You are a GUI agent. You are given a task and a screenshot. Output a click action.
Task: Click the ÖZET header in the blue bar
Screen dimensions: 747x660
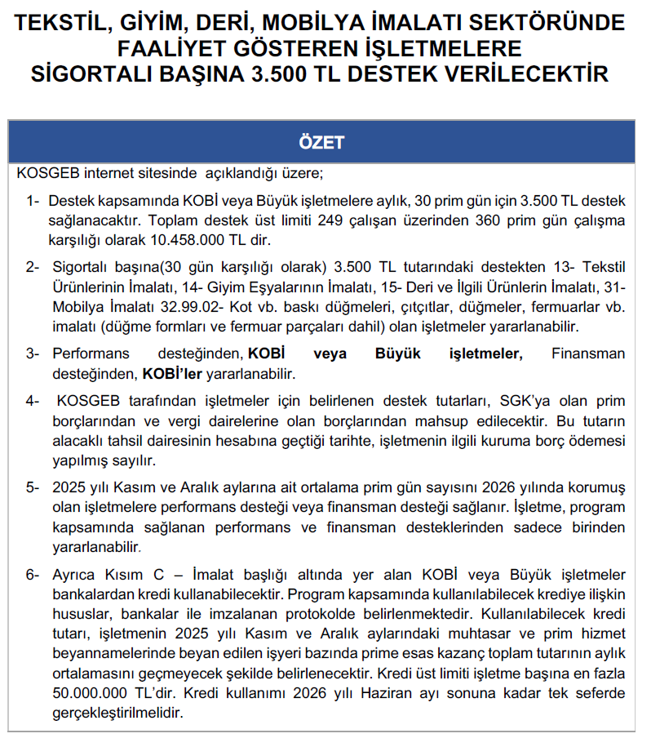322,142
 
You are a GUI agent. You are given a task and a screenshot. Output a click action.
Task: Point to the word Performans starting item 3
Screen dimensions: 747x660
91,353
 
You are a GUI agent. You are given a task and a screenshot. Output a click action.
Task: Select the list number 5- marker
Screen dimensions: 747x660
32,487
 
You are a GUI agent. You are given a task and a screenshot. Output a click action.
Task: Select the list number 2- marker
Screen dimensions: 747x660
32,268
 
